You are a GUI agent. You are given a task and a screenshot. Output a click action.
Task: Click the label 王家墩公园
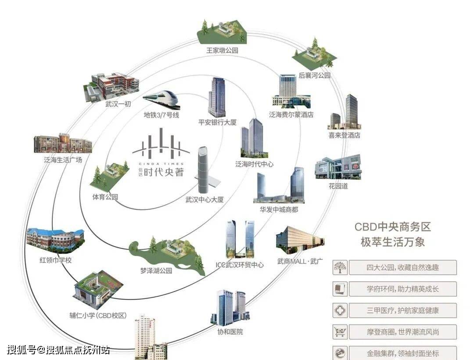pyautogui.click(x=222, y=50)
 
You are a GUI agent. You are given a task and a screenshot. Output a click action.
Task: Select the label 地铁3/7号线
pyautogui.click(x=162, y=115)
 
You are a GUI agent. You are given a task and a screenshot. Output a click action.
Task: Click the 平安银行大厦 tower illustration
pyautogui.click(x=217, y=97)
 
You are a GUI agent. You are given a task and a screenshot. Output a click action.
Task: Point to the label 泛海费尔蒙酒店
pyautogui.click(x=291, y=115)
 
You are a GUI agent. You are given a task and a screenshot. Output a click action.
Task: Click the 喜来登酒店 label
pyautogui.click(x=344, y=136)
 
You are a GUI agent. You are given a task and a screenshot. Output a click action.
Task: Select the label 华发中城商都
pyautogui.click(x=279, y=210)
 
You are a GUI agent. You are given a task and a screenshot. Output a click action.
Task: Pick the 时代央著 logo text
pyautogui.click(x=164, y=173)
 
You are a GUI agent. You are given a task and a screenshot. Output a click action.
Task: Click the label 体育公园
pyautogui.click(x=105, y=197)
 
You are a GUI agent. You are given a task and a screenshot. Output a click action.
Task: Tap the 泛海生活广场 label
pyautogui.click(x=63, y=160)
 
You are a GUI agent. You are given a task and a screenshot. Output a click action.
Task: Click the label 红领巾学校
pyautogui.click(x=55, y=260)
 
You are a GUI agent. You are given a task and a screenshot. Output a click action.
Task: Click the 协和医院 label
pyautogui.click(x=230, y=332)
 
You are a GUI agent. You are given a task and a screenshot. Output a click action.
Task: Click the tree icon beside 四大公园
pyautogui.click(x=340, y=267)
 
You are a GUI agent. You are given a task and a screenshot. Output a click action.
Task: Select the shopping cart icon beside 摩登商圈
pyautogui.click(x=340, y=332)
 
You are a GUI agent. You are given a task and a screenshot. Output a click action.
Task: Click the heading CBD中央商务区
pyautogui.click(x=393, y=227)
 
